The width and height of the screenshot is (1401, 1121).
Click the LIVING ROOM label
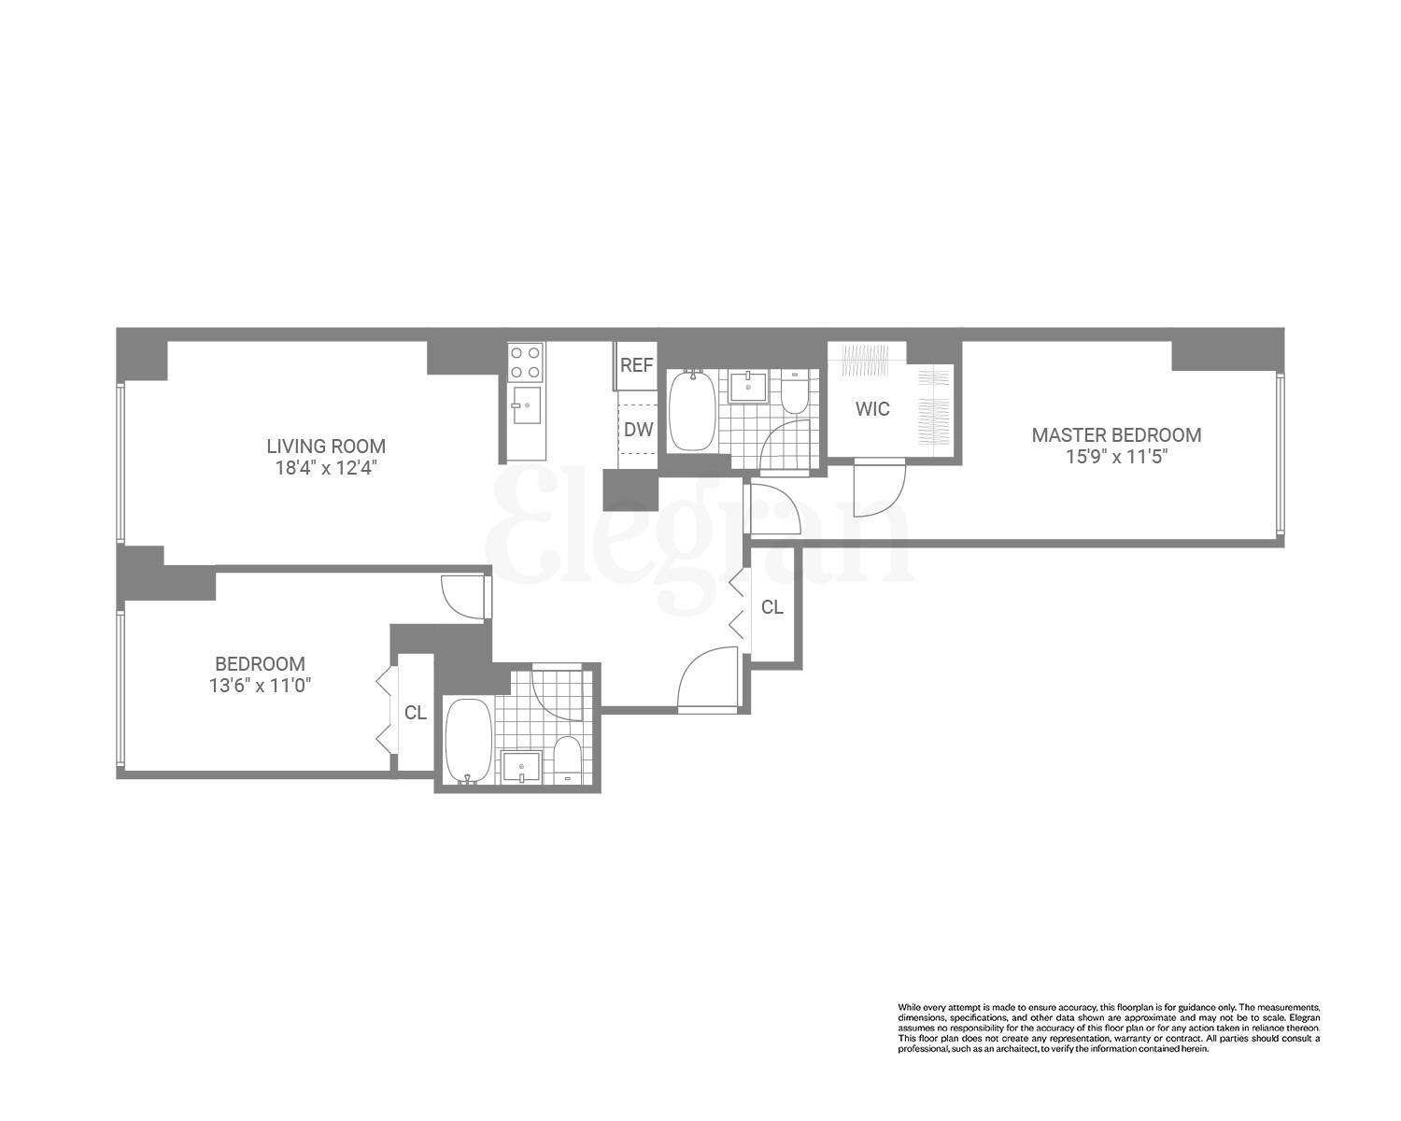[326, 447]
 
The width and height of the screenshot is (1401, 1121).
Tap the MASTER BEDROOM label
[1116, 435]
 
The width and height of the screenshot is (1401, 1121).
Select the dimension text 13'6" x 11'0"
[260, 686]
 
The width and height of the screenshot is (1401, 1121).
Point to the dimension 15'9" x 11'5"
[1116, 457]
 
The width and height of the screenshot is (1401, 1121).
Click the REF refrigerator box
[636, 365]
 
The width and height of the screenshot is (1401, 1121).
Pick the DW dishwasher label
[638, 430]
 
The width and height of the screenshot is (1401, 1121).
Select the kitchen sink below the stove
[526, 405]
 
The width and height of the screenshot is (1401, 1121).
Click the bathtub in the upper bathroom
[692, 411]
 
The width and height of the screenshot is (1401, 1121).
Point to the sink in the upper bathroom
[748, 386]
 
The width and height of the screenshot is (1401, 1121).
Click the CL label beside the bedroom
[416, 713]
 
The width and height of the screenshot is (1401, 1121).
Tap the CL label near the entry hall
[771, 607]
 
